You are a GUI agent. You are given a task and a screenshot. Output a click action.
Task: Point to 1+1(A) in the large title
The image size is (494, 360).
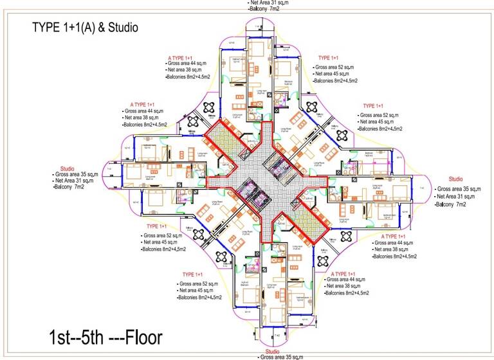point(78,28)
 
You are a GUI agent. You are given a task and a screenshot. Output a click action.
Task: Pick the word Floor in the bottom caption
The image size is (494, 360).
point(141,336)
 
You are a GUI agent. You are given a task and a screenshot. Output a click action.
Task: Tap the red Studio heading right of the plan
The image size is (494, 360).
point(455,179)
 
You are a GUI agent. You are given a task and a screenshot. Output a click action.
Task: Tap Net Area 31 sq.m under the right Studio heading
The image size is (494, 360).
point(460,196)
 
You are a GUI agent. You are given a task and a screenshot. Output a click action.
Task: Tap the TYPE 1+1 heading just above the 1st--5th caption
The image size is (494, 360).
point(197,274)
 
